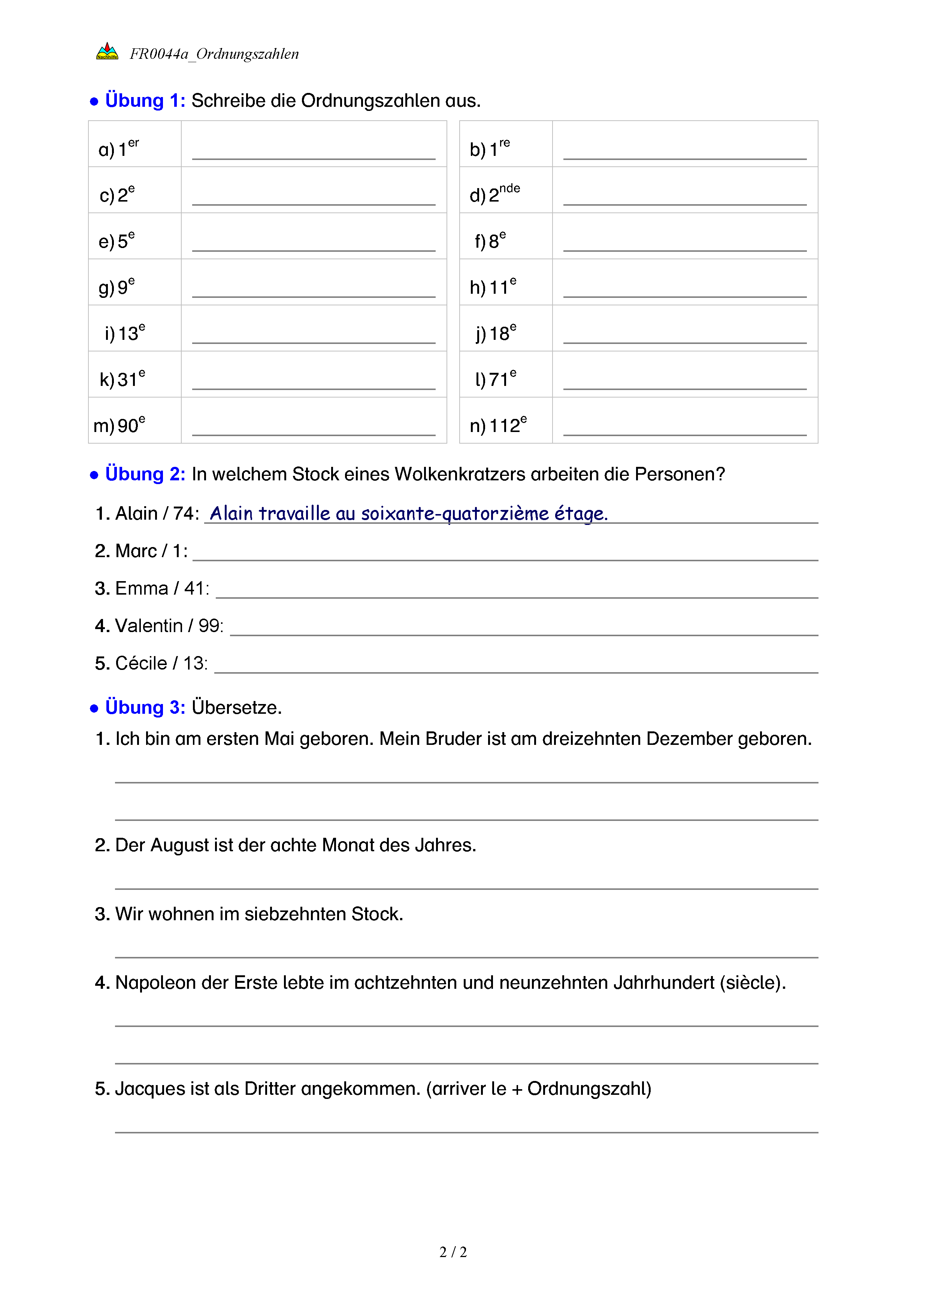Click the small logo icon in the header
click(107, 52)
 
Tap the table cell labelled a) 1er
click(134, 145)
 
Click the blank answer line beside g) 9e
click(314, 292)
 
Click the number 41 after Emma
click(194, 588)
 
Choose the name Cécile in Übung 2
click(141, 663)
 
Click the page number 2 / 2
click(453, 1252)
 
